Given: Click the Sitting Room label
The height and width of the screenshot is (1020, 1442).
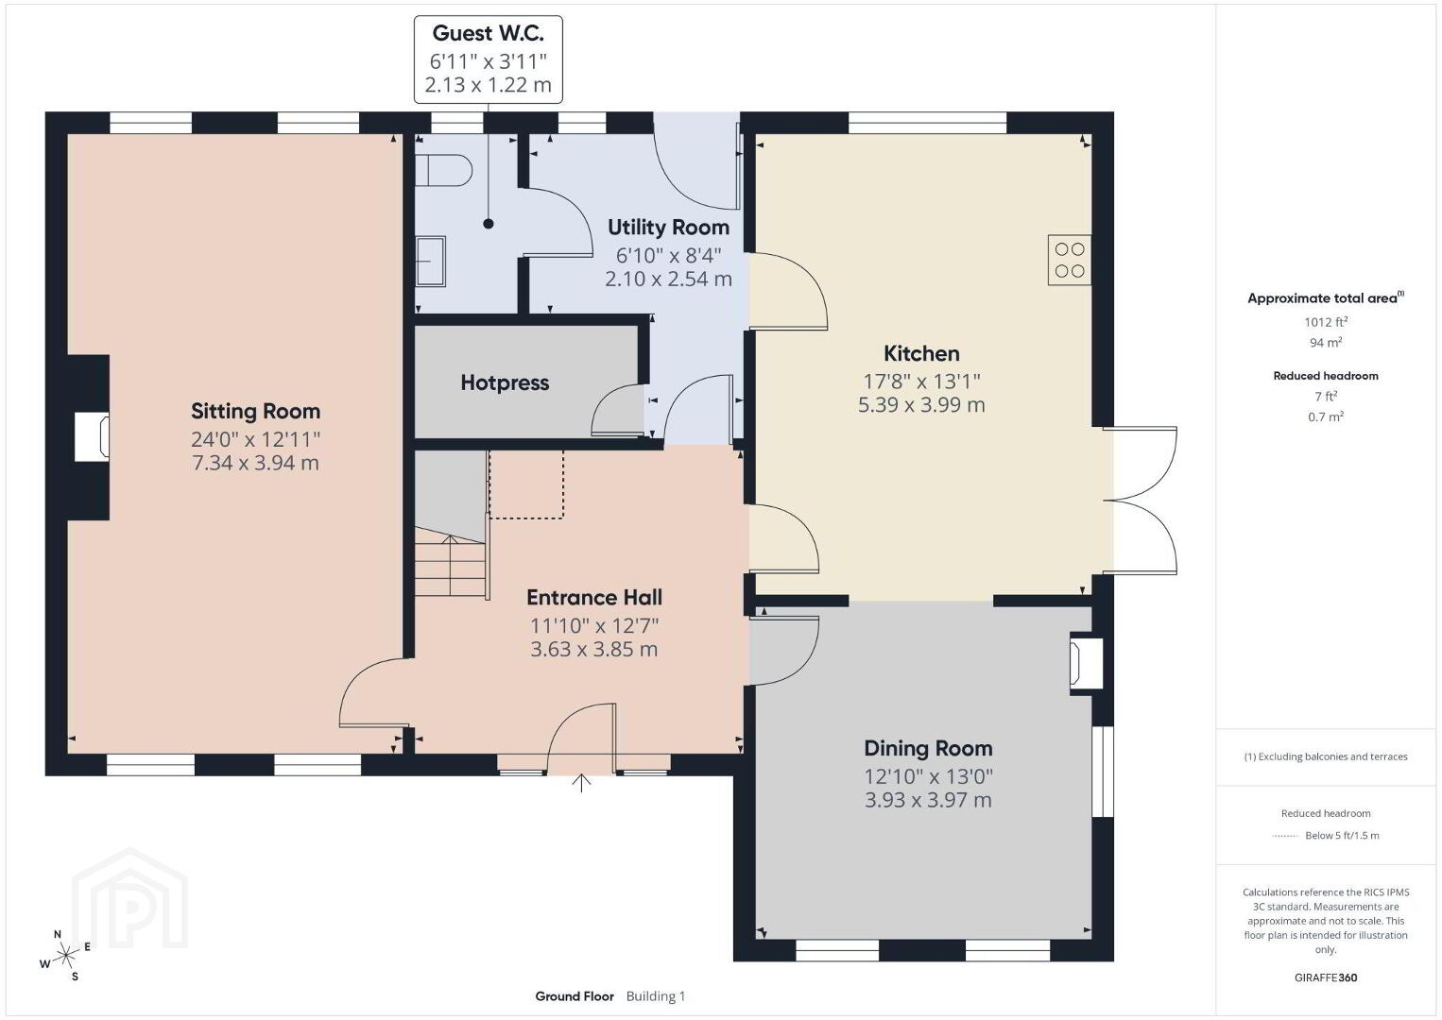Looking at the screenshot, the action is tap(255, 411).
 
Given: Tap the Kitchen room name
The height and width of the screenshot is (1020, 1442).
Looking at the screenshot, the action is tap(921, 353).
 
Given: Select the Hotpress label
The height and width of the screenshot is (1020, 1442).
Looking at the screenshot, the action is tap(505, 382).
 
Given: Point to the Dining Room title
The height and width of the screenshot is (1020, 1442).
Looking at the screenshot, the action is tap(928, 748).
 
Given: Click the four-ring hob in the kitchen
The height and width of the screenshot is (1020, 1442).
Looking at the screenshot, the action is tap(1070, 260).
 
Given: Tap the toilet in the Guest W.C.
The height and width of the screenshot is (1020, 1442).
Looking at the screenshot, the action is tap(443, 171).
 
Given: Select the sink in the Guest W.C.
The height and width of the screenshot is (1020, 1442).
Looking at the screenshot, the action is tap(430, 262).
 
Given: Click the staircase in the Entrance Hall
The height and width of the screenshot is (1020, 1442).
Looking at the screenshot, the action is tap(450, 561).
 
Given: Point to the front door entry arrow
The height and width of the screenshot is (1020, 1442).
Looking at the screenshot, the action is tap(581, 783).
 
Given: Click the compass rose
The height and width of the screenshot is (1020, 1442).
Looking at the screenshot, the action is tap(65, 956).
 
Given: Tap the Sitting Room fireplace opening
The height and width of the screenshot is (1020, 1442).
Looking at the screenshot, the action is tap(92, 437).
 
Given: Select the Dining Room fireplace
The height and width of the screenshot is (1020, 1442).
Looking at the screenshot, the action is tap(1086, 663).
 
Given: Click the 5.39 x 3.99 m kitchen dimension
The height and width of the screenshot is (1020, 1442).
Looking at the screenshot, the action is tap(921, 405).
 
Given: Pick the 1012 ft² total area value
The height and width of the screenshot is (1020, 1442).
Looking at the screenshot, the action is tap(1326, 322).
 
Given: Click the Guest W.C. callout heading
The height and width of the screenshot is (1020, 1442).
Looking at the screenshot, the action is tap(488, 33).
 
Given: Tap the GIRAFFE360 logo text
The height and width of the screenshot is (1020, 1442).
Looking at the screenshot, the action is tap(1326, 977).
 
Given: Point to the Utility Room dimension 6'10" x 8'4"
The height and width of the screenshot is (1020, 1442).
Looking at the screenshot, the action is tap(668, 256).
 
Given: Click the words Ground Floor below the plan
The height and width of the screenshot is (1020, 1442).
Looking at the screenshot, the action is tap(575, 996).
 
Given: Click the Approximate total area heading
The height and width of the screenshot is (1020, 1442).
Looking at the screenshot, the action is tap(1326, 297).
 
